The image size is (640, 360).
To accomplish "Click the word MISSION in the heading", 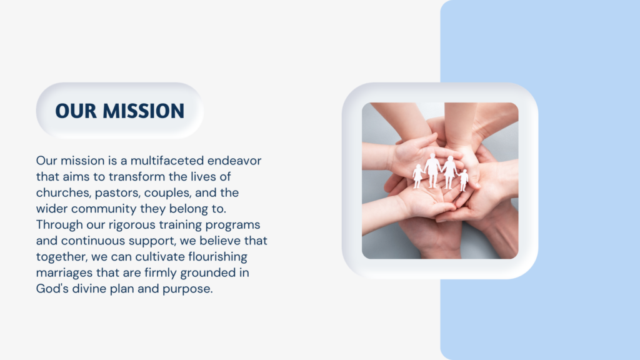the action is coord(144,111).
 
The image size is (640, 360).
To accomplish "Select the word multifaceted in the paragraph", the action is coord(167,161).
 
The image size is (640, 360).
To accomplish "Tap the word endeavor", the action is coord(234,161).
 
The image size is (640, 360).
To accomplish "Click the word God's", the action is coord(52,289).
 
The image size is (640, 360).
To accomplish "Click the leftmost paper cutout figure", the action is coord(417,176).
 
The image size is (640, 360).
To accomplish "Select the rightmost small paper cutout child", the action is coord(463,181).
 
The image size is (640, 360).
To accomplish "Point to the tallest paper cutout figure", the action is coord(432,171).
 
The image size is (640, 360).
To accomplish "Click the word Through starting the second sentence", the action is coord(59,225).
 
